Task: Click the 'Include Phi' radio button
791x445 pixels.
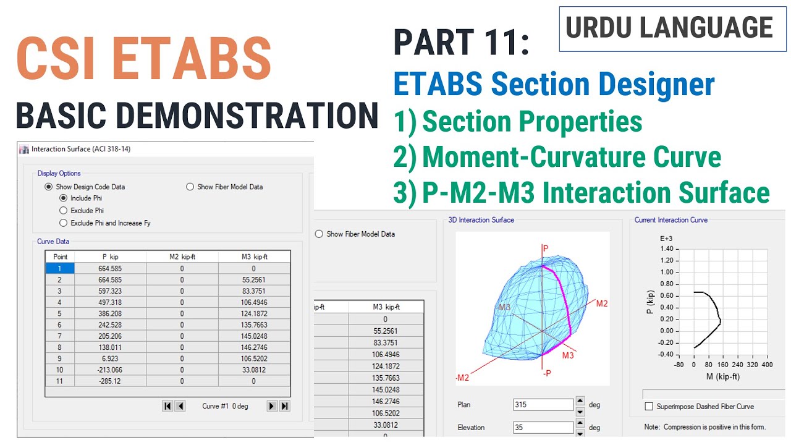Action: pyautogui.click(x=63, y=198)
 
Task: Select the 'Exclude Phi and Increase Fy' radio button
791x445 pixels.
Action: pyautogui.click(x=63, y=222)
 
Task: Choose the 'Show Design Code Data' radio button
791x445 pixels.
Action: pyautogui.click(x=48, y=187)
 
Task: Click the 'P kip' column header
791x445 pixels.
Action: pyautogui.click(x=110, y=256)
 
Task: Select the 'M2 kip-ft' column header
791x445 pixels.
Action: pyautogui.click(x=182, y=256)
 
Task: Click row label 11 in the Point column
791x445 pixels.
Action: pyautogui.click(x=60, y=381)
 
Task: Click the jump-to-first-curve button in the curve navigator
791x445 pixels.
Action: pyautogui.click(x=167, y=406)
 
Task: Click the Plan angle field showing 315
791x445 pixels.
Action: pyautogui.click(x=543, y=405)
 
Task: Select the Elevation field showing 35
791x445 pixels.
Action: pyautogui.click(x=543, y=428)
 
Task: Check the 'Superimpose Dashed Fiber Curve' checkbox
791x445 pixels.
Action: pyautogui.click(x=649, y=407)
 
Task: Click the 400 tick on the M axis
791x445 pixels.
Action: pyautogui.click(x=767, y=365)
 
